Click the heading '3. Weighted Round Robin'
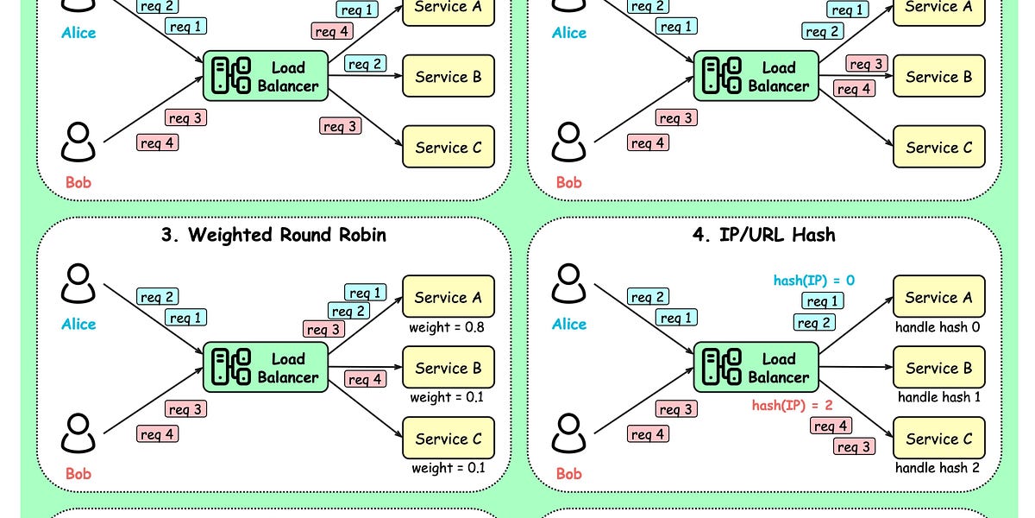click(x=273, y=235)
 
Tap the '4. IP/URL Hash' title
click(x=764, y=235)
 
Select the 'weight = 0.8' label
click(x=447, y=327)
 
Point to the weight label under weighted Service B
click(x=447, y=397)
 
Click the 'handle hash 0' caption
click(x=938, y=327)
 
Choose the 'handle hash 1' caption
click(x=939, y=397)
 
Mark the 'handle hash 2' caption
click(x=938, y=468)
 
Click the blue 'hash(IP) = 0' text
click(x=814, y=281)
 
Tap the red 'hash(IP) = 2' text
click(x=792, y=406)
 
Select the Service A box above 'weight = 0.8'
click(x=448, y=296)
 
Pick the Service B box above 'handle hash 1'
click(x=939, y=367)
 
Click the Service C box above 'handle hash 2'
click(x=939, y=438)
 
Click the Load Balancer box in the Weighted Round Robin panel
click(x=266, y=367)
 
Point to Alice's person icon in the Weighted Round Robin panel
click(x=78, y=283)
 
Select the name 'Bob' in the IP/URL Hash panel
click(x=568, y=474)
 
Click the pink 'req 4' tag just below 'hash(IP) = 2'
click(x=831, y=426)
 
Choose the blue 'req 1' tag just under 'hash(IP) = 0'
click(x=823, y=301)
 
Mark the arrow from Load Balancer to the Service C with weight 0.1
click(x=365, y=409)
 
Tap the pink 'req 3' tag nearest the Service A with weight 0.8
click(x=323, y=329)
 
